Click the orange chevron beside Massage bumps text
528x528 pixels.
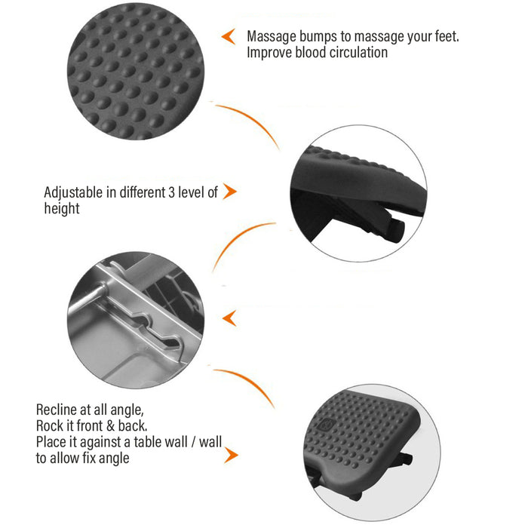229,36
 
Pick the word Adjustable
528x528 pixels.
73,193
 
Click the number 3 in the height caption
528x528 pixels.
171,192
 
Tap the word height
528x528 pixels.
62,208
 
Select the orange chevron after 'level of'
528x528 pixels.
230,192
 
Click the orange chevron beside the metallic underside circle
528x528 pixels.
230,318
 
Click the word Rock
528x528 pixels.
48,426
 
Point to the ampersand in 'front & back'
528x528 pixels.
110,426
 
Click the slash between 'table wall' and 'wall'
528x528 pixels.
193,443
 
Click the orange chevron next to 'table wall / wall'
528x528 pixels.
232,456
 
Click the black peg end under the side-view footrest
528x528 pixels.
397,231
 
